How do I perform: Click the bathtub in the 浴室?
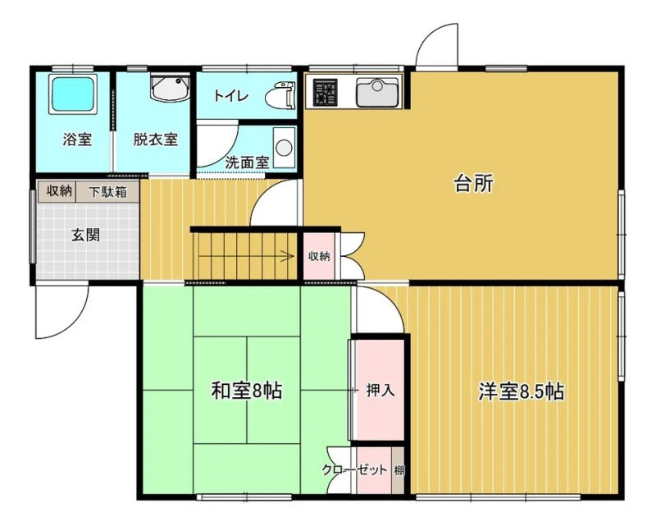coord(73,94)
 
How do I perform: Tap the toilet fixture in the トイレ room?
coord(280,94)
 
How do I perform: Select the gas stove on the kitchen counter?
coord(326,92)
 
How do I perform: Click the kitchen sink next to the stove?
coord(377,92)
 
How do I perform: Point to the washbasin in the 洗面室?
coord(284,148)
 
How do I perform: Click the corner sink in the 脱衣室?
coord(171,88)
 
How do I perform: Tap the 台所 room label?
coord(474,183)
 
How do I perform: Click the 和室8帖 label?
coord(246,391)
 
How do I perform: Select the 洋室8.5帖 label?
coord(521,391)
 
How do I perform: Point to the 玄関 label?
coord(86,235)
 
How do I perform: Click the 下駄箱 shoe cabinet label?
coord(107,192)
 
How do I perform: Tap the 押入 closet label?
coord(380,391)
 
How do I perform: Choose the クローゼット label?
coord(354,470)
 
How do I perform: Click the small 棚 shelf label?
coord(399,470)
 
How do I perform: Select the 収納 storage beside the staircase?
coord(319,256)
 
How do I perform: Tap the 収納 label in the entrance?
coord(59,191)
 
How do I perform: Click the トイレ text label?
coord(231,96)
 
